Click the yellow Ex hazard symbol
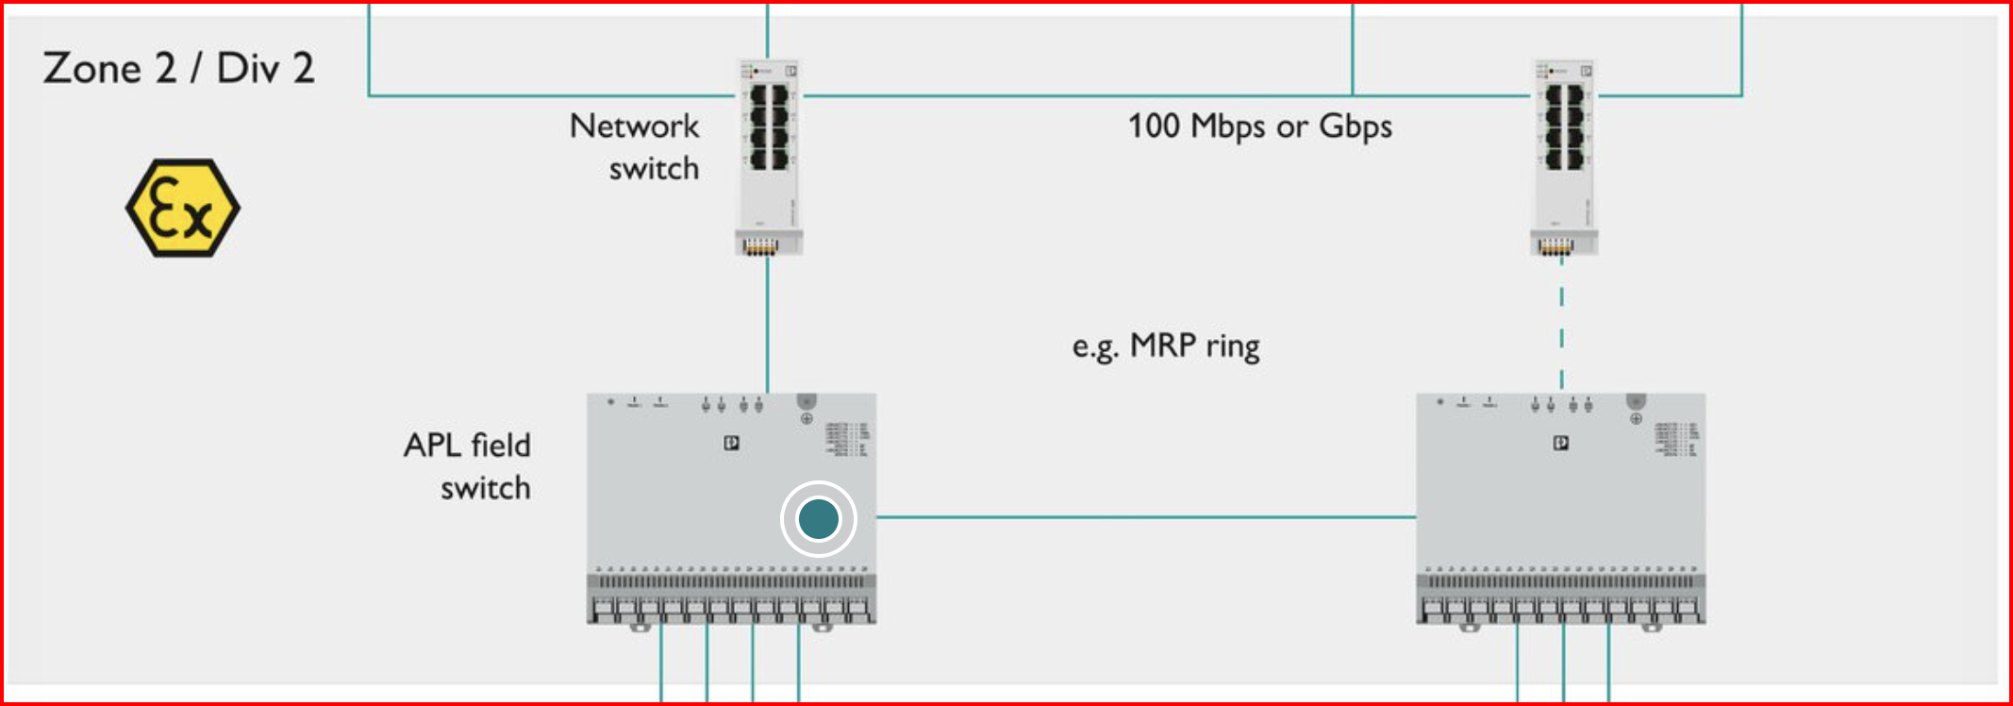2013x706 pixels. pyautogui.click(x=182, y=209)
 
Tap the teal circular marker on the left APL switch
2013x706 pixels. pyautogui.click(x=818, y=518)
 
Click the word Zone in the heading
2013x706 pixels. pyautogui.click(x=91, y=69)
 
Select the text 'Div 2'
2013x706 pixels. pyautogui.click(x=265, y=69)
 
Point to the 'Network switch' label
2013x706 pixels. pyautogui.click(x=635, y=146)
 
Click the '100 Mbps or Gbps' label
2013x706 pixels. pyautogui.click(x=1259, y=126)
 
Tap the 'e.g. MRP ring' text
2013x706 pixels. pyautogui.click(x=1166, y=346)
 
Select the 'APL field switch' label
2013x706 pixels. pyautogui.click(x=468, y=466)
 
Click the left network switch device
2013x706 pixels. pyautogui.click(x=769, y=156)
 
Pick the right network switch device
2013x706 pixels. pyautogui.click(x=1564, y=156)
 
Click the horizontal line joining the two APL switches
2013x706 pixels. pyautogui.click(x=1146, y=517)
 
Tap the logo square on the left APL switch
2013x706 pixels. pyautogui.click(x=731, y=443)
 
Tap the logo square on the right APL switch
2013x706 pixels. pyautogui.click(x=1561, y=443)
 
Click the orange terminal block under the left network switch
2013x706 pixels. pyautogui.click(x=760, y=247)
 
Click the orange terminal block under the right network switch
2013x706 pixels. pyautogui.click(x=1555, y=247)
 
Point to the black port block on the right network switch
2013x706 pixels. pyautogui.click(x=1564, y=126)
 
